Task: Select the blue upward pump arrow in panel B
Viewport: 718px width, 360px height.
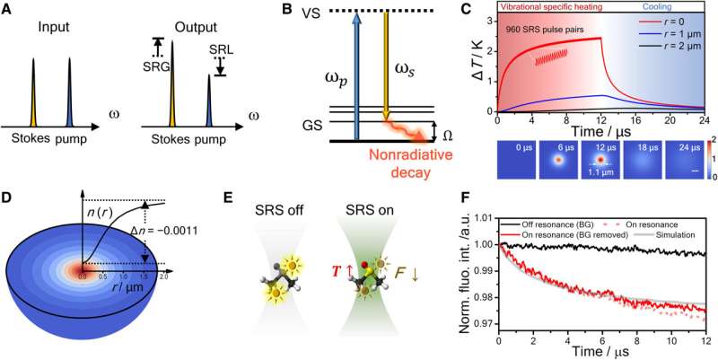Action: (x=356, y=90)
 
